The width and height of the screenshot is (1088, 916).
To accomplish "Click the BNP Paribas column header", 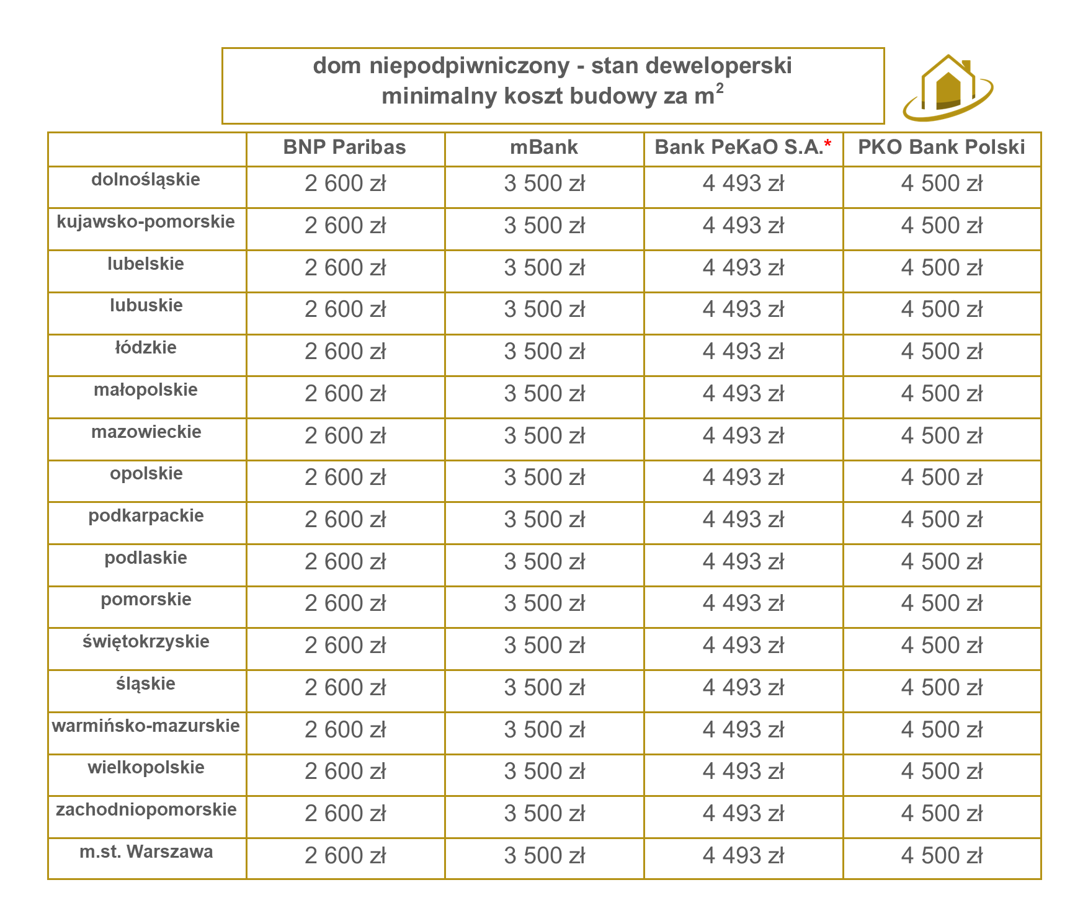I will [344, 148].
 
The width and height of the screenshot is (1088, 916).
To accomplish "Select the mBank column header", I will [544, 148].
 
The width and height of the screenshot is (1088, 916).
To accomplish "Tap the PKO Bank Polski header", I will [941, 148].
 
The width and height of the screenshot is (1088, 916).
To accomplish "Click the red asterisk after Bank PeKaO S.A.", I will [827, 145].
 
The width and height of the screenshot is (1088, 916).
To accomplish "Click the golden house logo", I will [947, 88].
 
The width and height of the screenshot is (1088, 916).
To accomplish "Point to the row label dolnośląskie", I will [146, 180].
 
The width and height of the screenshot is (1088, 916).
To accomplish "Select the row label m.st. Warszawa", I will [146, 852].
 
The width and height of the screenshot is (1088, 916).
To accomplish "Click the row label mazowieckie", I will [146, 432].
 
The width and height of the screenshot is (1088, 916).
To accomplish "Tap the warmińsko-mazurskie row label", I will [146, 726].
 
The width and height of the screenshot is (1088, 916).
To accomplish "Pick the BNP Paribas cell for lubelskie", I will [345, 268].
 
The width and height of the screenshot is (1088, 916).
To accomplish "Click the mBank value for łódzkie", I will [544, 352].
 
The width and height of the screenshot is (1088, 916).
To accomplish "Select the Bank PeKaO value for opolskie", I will [743, 478].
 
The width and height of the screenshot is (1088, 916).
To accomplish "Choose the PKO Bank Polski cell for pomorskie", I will [942, 603].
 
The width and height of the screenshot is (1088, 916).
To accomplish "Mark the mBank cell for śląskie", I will [544, 688].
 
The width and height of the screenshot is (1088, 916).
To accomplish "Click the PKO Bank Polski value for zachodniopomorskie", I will [942, 814].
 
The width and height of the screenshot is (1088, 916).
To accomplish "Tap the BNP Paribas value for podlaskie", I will [345, 562].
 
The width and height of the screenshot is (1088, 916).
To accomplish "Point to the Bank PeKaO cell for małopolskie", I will [743, 394].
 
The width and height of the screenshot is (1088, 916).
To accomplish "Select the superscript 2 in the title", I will [720, 89].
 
